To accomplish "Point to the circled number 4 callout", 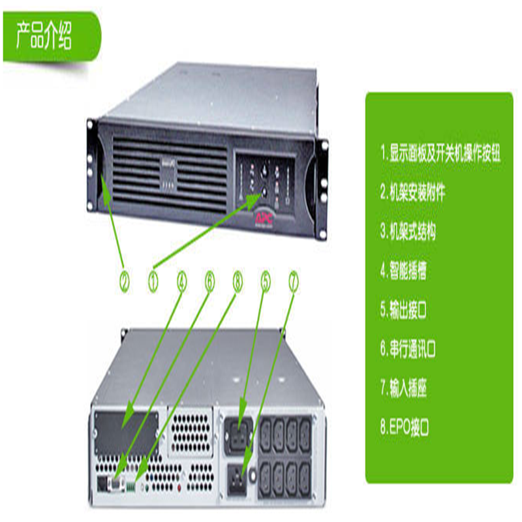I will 182,282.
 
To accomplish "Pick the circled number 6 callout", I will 209,282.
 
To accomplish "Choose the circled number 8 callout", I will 238,282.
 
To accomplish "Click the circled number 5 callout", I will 266,282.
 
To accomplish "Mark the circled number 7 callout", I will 294,282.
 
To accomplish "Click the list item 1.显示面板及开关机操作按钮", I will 444,157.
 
